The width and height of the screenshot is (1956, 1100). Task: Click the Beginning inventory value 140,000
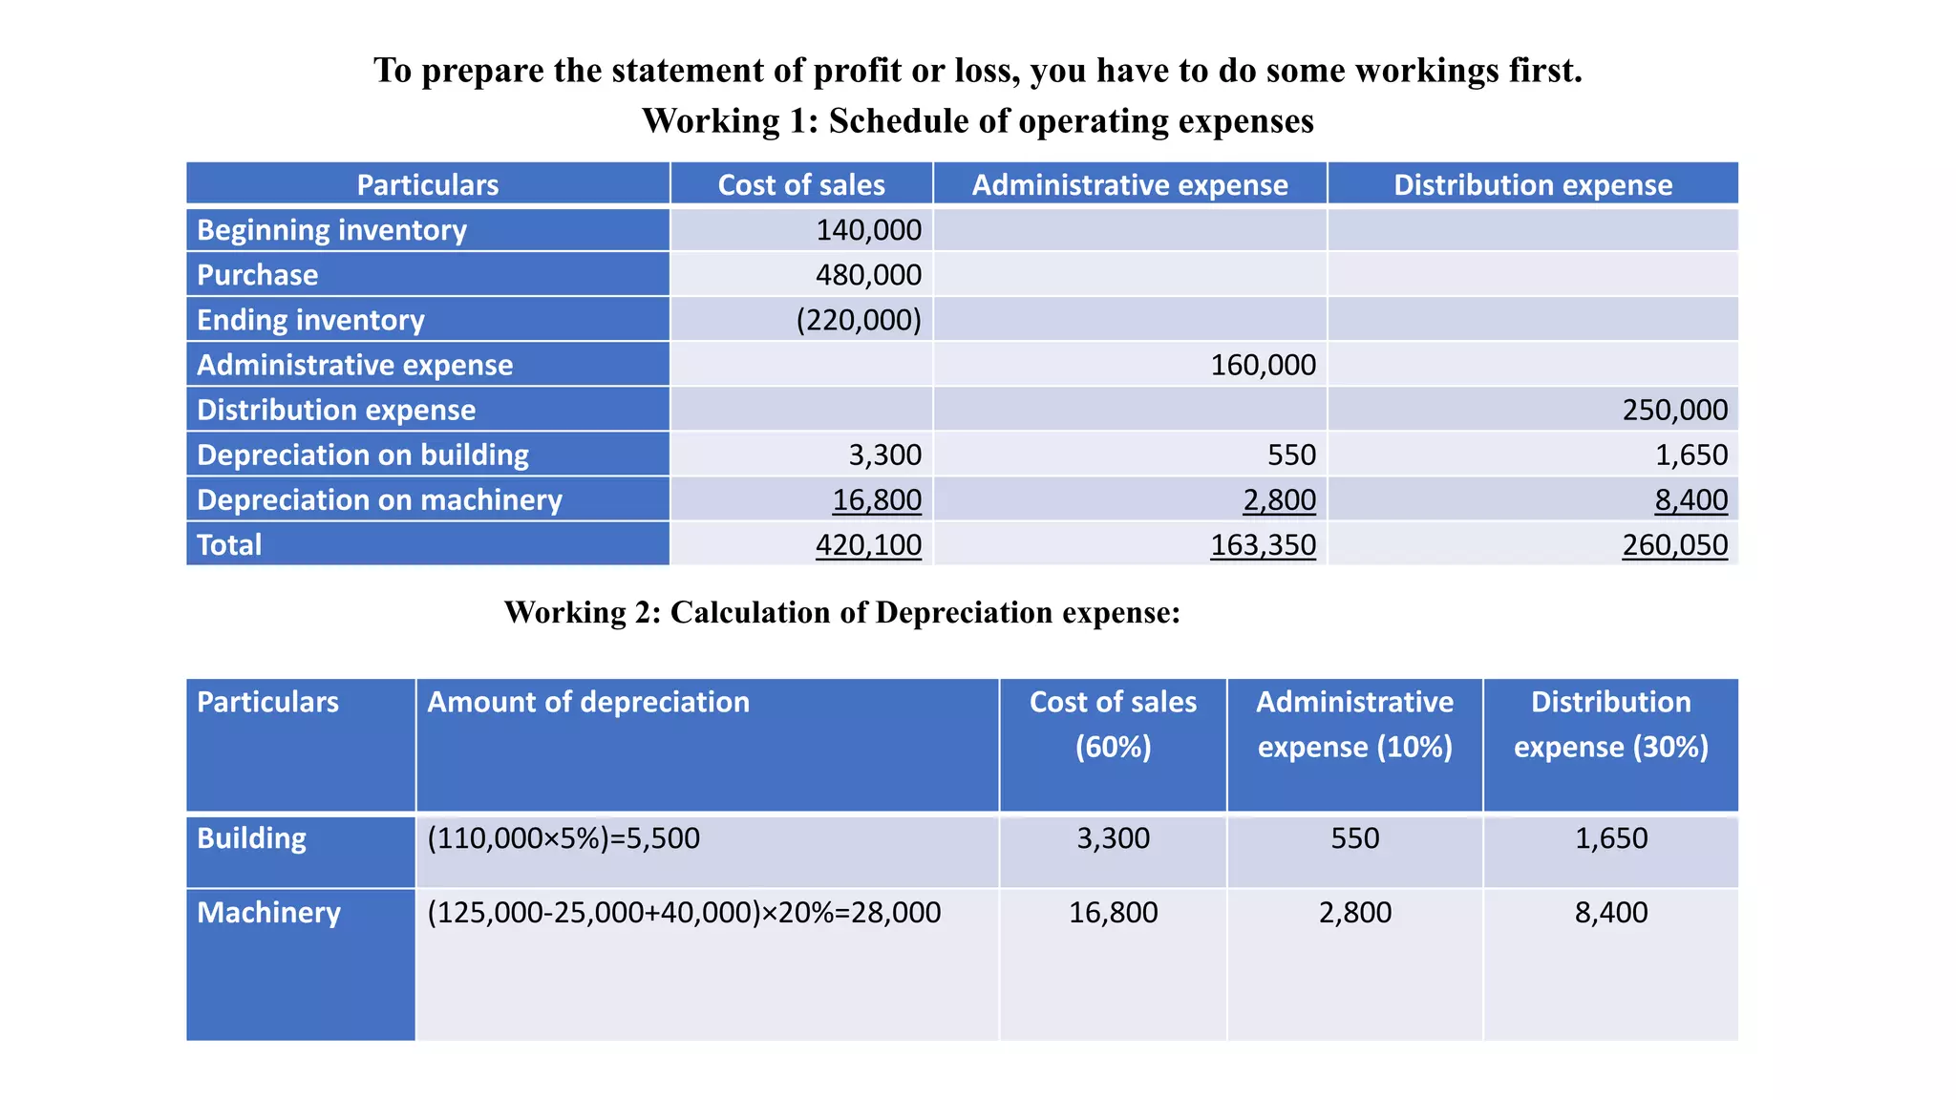[x=868, y=230]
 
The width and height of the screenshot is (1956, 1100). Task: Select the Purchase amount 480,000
[x=868, y=275]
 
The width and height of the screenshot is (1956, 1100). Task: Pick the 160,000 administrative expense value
[x=1263, y=365]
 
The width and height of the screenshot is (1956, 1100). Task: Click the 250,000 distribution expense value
[x=1674, y=410]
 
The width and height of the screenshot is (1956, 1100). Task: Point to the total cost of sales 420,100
[x=868, y=545]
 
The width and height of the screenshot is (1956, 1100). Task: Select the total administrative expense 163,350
[x=1263, y=545]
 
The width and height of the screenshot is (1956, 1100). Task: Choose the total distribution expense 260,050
[x=1674, y=545]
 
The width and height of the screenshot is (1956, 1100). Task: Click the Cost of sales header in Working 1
[x=801, y=184]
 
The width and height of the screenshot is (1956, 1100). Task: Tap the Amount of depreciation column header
[x=588, y=702]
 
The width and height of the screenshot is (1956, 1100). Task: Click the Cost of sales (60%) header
[x=1113, y=724]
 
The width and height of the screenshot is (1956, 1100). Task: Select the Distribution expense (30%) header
[x=1610, y=724]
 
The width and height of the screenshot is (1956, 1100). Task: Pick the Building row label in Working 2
[x=251, y=838]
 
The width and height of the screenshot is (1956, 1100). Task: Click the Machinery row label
[x=268, y=913]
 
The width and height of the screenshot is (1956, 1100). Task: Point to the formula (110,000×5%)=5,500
[x=563, y=838]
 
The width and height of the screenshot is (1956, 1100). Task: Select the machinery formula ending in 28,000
[x=684, y=913]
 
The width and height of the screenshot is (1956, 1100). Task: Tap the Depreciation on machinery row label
[x=379, y=500]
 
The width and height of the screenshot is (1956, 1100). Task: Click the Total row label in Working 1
[x=229, y=545]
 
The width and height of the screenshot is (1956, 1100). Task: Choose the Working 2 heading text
[x=841, y=612]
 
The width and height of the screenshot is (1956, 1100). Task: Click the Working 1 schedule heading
[x=977, y=121]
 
